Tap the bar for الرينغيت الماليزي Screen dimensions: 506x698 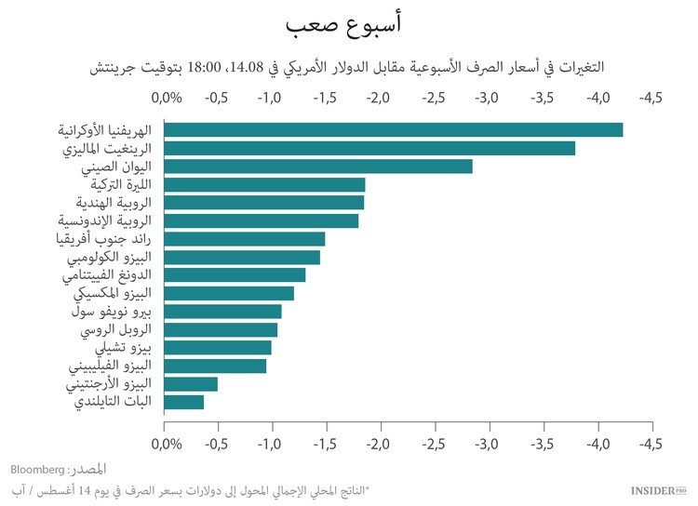click(x=369, y=148)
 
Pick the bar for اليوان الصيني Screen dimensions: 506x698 click(x=318, y=166)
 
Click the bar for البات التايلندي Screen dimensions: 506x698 click(x=184, y=402)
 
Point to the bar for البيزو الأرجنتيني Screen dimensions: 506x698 click(x=191, y=384)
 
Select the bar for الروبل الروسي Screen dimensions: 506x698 click(x=221, y=329)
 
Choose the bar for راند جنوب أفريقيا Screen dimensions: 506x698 click(x=245, y=239)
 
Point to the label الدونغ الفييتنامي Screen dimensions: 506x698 click(x=109, y=275)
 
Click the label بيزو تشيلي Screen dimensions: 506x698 click(x=126, y=348)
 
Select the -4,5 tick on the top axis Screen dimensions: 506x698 click(x=651, y=98)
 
